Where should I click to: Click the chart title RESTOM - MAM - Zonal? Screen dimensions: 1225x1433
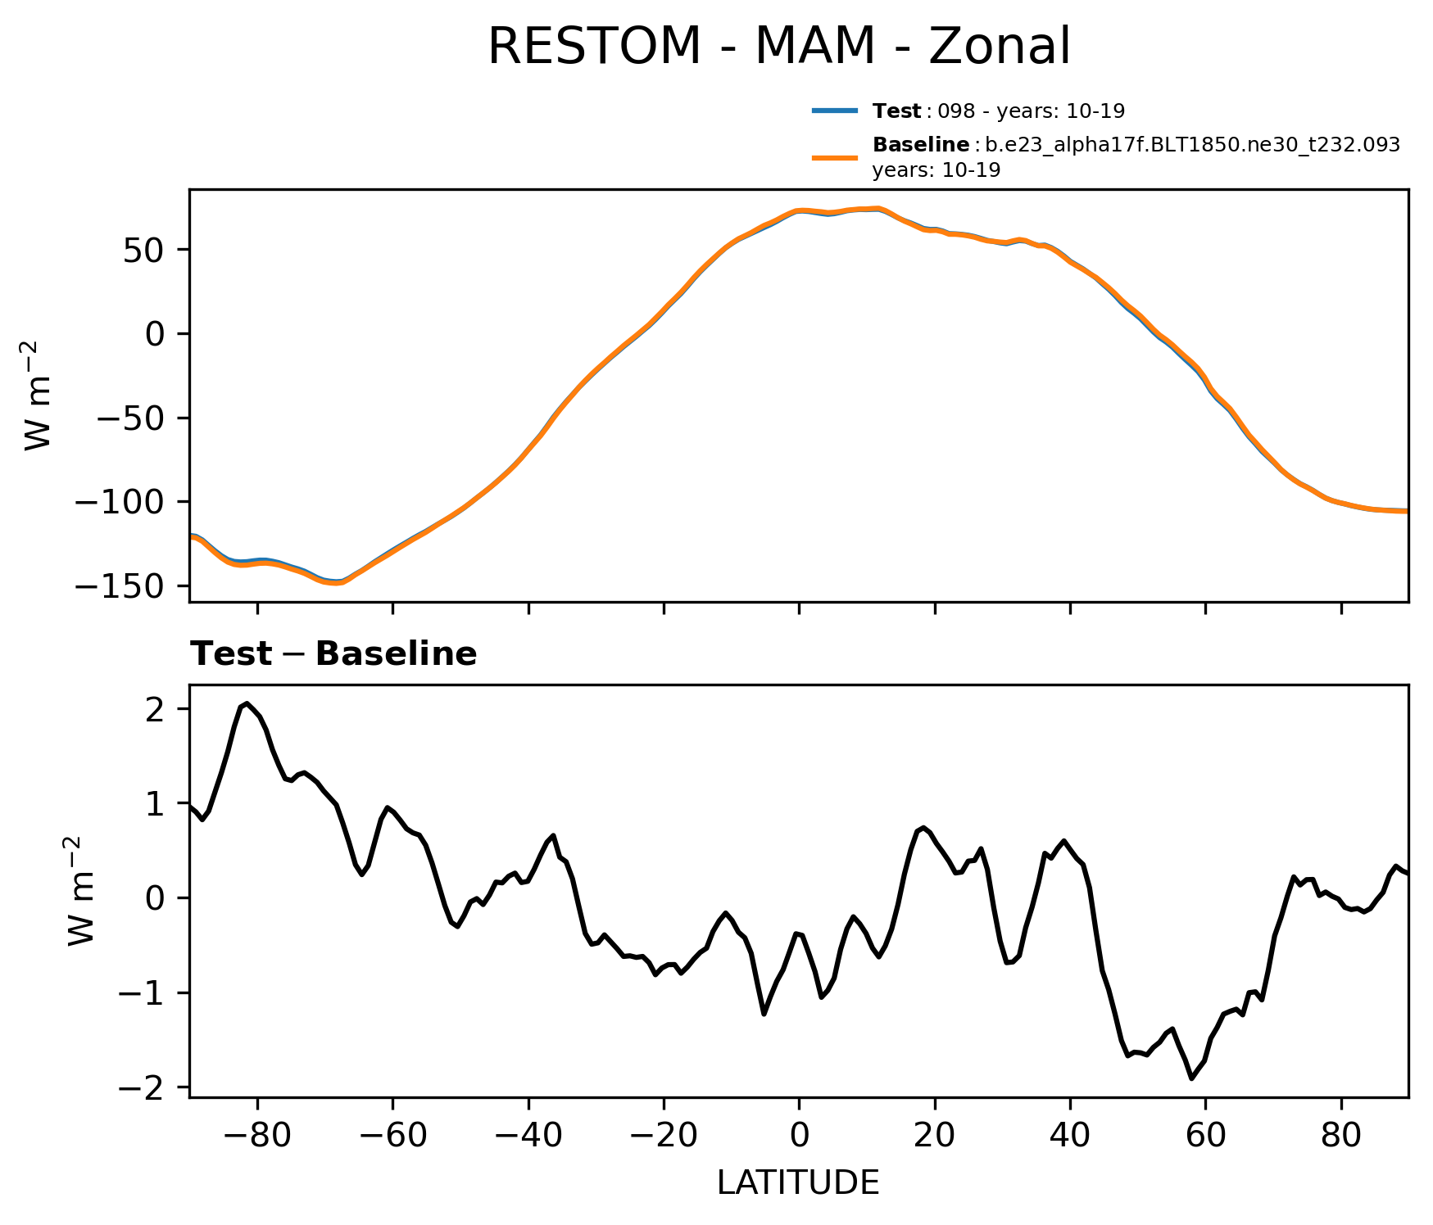(778, 47)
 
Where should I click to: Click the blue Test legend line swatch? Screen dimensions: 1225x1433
(835, 111)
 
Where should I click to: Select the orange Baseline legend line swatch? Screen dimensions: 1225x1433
(835, 157)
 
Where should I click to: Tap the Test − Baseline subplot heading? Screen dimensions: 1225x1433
(333, 654)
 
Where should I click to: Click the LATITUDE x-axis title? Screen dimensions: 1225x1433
(798, 1182)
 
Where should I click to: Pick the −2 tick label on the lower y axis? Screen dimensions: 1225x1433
(144, 1087)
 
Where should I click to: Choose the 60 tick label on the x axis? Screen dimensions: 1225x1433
(1205, 1136)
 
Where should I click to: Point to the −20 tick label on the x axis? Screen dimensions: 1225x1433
(663, 1136)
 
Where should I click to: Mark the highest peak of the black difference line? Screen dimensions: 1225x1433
(247, 703)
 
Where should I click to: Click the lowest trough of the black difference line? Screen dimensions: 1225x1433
(1192, 1078)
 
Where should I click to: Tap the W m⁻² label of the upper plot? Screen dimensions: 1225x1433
(39, 396)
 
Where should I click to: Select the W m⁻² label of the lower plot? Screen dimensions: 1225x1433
(82, 891)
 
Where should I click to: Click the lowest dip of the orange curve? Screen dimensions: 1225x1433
(335, 583)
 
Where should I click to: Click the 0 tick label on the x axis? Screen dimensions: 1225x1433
(799, 1136)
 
